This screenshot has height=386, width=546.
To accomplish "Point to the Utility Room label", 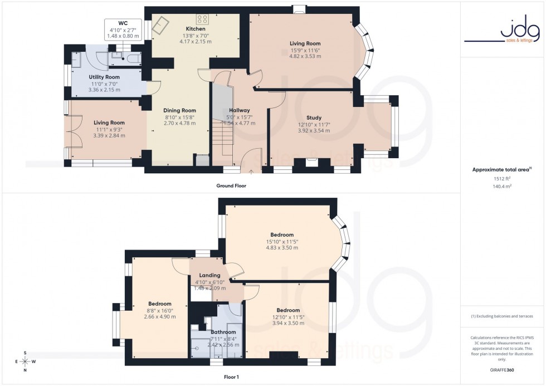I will (x=104, y=77).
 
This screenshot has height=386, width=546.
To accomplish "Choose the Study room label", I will (x=314, y=118).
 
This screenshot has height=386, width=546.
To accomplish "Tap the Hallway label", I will (x=239, y=110).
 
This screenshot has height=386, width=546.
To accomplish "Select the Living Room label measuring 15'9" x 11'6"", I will (x=305, y=43).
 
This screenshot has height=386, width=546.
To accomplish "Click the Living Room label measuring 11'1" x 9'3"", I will (x=109, y=123).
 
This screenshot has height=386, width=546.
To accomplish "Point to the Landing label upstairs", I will (x=209, y=275).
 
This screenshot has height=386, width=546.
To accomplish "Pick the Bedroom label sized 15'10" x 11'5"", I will (x=283, y=234).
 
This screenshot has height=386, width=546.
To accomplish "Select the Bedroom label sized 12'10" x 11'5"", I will (x=288, y=310).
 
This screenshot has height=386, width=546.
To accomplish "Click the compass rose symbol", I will (x=25, y=361).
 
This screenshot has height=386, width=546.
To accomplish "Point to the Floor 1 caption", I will (x=231, y=377).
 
